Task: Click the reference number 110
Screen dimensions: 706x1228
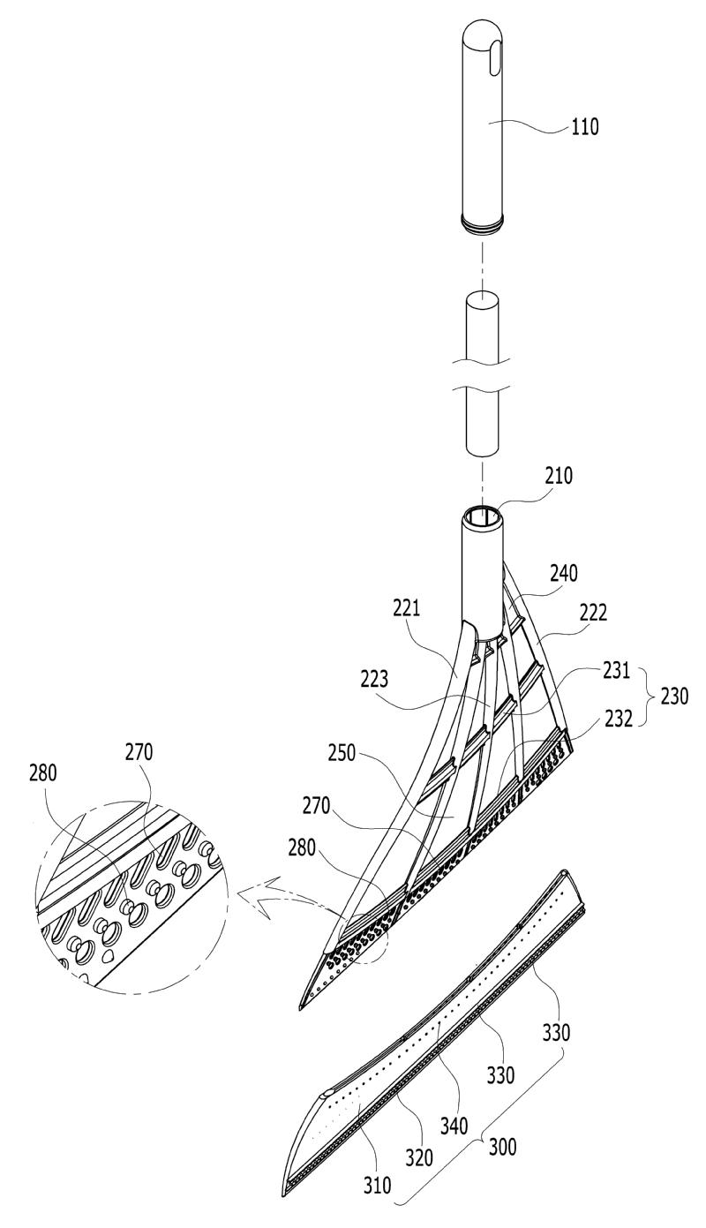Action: [x=585, y=128]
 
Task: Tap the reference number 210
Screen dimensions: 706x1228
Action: [x=558, y=476]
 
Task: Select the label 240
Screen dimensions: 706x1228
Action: [x=564, y=574]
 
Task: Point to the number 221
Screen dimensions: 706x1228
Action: [x=406, y=608]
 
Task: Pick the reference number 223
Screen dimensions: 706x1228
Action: [x=374, y=680]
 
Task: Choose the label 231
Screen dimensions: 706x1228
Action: [x=617, y=670]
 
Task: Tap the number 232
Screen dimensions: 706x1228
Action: [x=619, y=719]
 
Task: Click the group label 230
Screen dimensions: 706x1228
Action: [x=673, y=697]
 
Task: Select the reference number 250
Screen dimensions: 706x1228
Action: [x=342, y=753]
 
